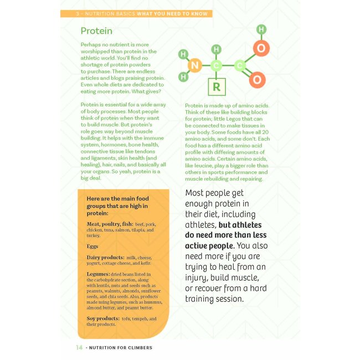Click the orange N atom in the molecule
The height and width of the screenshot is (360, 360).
click(194, 66)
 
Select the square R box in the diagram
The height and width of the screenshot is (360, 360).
click(217, 87)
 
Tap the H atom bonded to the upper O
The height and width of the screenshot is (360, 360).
click(261, 29)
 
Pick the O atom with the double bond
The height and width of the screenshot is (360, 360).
click(257, 80)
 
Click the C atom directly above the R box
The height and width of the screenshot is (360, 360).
click(217, 66)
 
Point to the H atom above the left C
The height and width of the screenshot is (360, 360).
click(217, 50)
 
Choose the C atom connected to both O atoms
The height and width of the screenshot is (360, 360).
click(240, 65)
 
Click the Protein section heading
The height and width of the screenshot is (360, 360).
click(96, 31)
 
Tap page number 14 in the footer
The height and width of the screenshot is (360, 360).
click(79, 348)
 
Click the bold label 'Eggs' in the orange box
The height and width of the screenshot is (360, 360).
click(92, 246)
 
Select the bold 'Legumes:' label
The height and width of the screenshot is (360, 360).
click(98, 274)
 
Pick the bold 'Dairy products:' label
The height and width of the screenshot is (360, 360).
click(105, 258)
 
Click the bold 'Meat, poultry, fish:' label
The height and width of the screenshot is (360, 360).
click(110, 224)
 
